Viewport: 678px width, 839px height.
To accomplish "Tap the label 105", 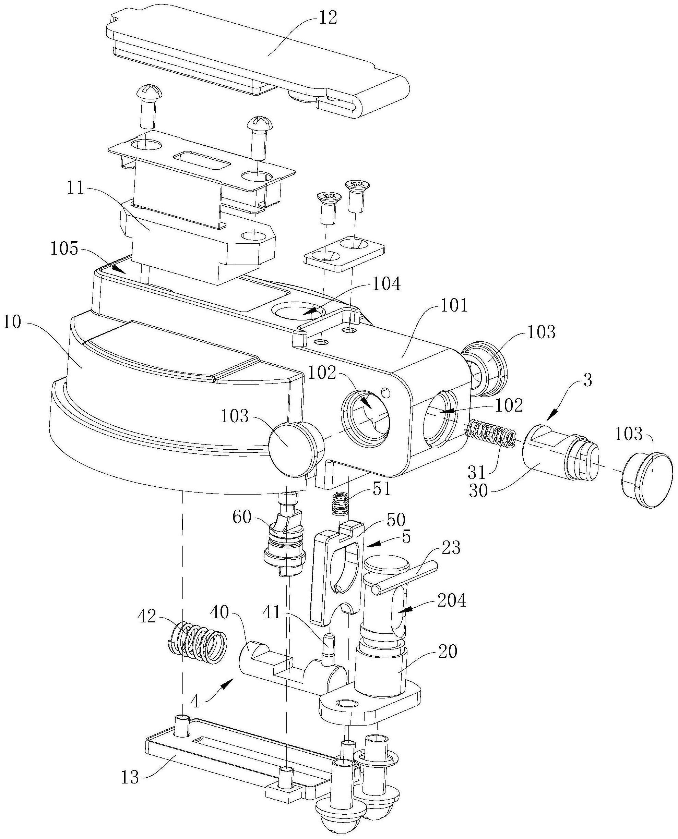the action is coord(64,248).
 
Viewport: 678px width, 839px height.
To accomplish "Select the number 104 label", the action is coord(385,284).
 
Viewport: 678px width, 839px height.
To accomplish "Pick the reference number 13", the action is coord(130,777).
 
